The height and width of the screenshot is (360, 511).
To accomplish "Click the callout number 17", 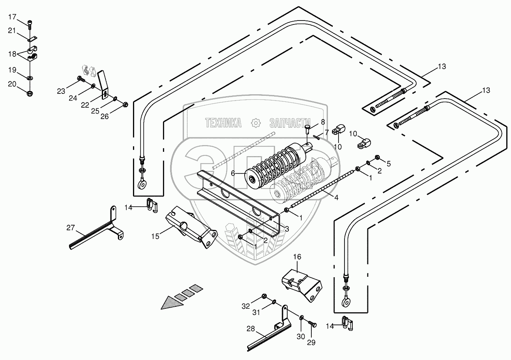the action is (x=12, y=17).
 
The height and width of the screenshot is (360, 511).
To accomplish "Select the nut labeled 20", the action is (x=30, y=93).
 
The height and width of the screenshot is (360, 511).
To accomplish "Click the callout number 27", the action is (x=71, y=228).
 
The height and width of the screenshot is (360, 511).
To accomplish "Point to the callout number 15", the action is (x=155, y=237).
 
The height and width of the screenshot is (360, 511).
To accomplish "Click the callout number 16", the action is (x=297, y=257).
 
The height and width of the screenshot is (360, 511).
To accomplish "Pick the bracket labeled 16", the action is (x=302, y=285).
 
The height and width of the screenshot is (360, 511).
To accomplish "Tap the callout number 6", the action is (x=233, y=173).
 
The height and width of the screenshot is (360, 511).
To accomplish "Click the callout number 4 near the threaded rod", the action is (x=336, y=198).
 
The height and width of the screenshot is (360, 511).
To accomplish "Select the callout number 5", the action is (x=389, y=164).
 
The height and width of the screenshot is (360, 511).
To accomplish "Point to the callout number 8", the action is (x=323, y=122).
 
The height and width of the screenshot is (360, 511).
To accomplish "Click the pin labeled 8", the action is (x=308, y=129).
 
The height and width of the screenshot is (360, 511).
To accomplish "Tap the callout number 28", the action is (x=251, y=329).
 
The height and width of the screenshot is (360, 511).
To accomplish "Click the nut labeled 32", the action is (x=264, y=296).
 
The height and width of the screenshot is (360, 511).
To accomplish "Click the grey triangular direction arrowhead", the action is (x=172, y=303).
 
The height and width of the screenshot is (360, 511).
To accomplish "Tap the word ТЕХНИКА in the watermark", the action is (x=223, y=123).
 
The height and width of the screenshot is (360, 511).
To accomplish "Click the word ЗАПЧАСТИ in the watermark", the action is (x=290, y=123).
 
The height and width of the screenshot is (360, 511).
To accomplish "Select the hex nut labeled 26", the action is (x=125, y=104).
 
